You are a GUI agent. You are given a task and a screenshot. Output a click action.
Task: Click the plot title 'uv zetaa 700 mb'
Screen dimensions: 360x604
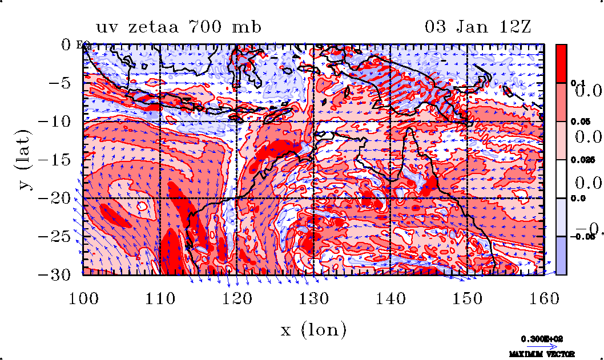click(x=179, y=27)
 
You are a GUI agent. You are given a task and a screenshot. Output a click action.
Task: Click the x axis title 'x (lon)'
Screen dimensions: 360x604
click(x=313, y=329)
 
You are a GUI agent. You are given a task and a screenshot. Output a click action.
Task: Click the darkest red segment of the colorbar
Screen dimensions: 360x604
click(x=561, y=63)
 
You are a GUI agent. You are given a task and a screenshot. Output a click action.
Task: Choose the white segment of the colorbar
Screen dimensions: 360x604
click(x=561, y=179)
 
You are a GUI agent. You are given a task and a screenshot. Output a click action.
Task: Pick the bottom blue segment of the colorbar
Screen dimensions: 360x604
click(x=561, y=256)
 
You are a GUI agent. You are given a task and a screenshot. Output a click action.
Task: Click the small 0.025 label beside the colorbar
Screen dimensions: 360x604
click(x=578, y=160)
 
